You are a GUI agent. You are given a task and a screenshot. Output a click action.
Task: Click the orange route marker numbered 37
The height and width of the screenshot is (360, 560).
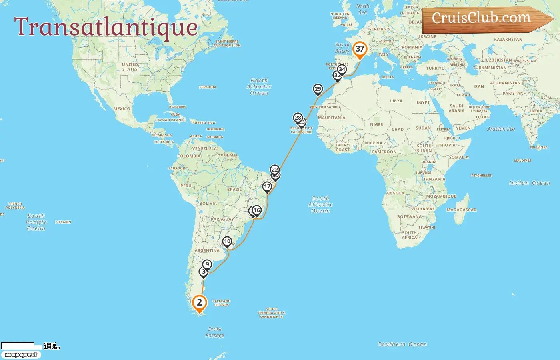[x=360, y=49]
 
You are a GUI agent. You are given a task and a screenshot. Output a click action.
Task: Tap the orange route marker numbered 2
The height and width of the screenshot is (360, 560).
[x=199, y=303]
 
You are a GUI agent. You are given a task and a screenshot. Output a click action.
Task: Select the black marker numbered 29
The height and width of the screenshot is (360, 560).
[x=318, y=89]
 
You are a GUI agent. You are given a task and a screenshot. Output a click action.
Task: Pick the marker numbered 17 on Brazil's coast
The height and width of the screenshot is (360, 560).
[x=267, y=187]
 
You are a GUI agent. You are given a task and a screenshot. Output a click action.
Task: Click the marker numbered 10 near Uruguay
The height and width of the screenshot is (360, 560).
[x=227, y=242]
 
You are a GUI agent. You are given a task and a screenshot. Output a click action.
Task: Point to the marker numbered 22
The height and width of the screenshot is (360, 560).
[x=274, y=170]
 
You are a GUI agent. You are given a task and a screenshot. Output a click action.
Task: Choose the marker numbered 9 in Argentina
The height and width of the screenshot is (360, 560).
[x=207, y=264]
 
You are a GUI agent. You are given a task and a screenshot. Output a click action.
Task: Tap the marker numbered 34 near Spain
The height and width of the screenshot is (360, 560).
[x=342, y=69]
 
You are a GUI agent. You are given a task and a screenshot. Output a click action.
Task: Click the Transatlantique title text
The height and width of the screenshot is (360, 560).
[x=106, y=27]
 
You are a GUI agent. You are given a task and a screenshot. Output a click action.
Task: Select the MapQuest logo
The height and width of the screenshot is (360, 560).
[x=21, y=355]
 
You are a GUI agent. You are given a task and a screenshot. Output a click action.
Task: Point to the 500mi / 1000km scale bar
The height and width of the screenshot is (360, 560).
[x=30, y=346]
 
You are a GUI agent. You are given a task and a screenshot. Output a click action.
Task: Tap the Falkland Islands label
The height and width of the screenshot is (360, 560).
[x=221, y=303]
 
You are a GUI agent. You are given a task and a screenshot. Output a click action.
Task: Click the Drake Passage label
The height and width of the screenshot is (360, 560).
[x=215, y=332]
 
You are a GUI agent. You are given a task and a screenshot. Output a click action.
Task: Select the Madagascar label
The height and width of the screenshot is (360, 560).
[x=461, y=210]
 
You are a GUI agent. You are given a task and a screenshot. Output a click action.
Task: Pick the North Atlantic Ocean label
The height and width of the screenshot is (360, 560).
[x=259, y=86]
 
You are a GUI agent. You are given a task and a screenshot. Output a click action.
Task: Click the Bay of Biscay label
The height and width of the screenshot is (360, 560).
[x=342, y=48]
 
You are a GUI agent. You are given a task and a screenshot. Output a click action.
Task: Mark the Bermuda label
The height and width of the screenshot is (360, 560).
[x=208, y=87]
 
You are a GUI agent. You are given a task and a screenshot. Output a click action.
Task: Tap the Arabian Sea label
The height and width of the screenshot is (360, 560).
[x=501, y=129]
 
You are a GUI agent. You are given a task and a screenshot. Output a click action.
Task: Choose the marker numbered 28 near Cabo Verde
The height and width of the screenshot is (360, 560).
[x=298, y=118]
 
